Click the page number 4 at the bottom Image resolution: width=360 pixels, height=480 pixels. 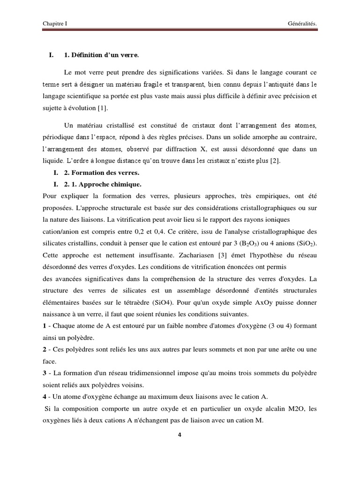click(180, 435)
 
